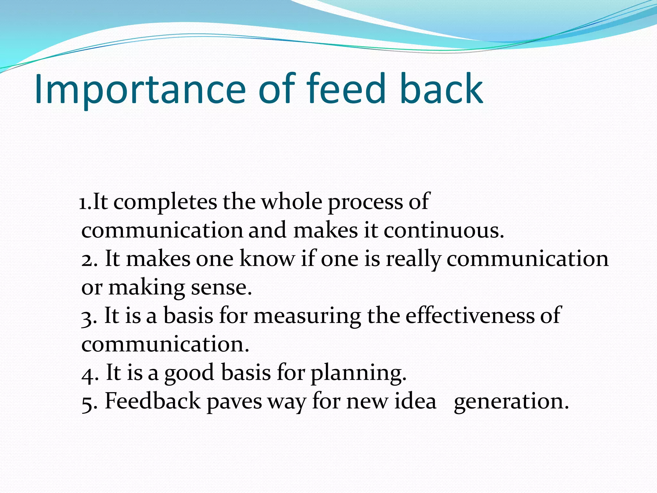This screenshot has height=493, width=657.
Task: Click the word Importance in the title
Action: [140, 90]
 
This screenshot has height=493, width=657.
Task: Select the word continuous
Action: [444, 230]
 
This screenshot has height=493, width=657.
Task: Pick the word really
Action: [413, 260]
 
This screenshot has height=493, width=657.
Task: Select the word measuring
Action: [307, 316]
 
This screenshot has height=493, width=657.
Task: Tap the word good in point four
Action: [189, 373]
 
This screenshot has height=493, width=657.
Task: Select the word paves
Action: [234, 402]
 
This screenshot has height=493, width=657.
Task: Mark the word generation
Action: [511, 402]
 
